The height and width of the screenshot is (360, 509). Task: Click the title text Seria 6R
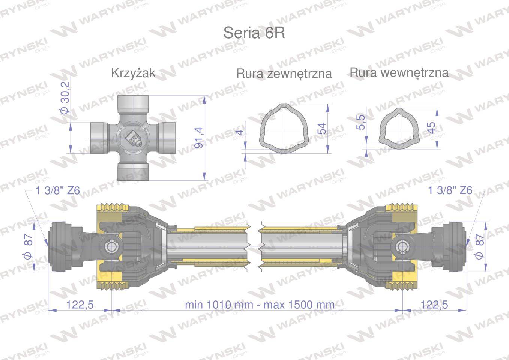tap(254, 33)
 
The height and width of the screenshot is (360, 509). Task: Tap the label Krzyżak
tap(133, 73)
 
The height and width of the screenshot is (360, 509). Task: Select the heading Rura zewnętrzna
tap(284, 73)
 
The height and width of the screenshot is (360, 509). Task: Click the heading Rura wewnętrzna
tap(399, 72)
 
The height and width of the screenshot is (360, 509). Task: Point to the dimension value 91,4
tap(199, 138)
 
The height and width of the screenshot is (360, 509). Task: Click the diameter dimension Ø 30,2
tap(65, 98)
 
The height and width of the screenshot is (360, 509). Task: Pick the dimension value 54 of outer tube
tap(321, 129)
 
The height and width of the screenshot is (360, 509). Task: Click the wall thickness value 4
tap(240, 132)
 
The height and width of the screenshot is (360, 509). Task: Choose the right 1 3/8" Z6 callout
tap(450, 190)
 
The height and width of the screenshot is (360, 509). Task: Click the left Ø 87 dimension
tap(29, 246)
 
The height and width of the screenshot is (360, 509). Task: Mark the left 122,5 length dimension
tap(80, 304)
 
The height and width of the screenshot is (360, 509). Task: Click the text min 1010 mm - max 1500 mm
tap(260, 304)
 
